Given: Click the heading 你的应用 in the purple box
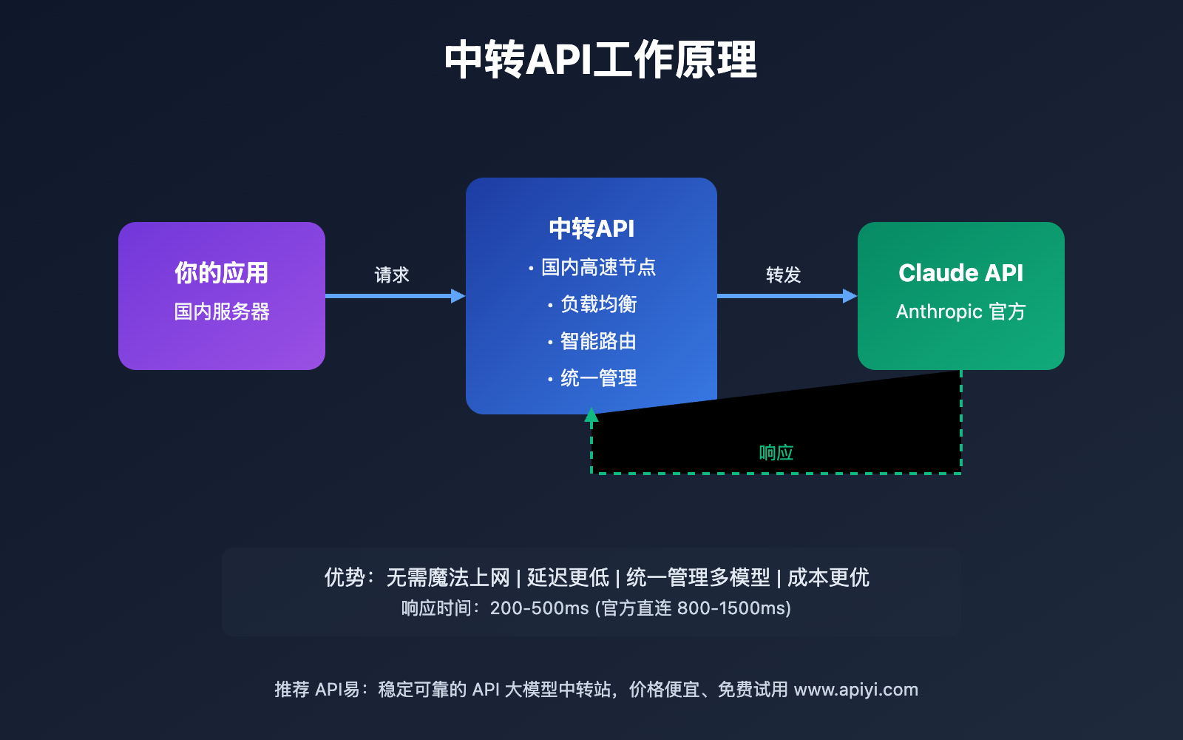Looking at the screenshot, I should pos(221,273).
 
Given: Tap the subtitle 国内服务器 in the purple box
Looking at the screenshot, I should pos(221,312).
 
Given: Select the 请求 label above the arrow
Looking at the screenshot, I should pos(391,275).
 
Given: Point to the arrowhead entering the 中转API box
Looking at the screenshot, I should pos(458,296).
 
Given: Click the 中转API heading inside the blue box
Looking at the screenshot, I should pos(591,229).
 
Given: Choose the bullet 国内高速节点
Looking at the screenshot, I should pos(598,267).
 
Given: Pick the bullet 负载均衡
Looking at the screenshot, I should pos(598,304).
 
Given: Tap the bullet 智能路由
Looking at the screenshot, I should pos(598,341).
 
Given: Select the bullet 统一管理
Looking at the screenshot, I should pos(598,378).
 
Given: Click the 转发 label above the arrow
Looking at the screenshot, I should pos(783,275).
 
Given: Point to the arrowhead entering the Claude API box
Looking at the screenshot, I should pos(850,296).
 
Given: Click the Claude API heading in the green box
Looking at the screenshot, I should pos(960,273).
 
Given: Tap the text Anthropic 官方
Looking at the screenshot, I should pos(960,312).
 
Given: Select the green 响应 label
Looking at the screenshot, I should pos(776,453).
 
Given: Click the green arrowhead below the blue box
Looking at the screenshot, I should pos(591,415).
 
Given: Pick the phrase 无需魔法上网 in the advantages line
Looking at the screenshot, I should pos(448,577).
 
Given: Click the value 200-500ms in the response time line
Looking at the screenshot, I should pos(539,608).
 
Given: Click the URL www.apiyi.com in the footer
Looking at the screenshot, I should pos(855,690).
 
